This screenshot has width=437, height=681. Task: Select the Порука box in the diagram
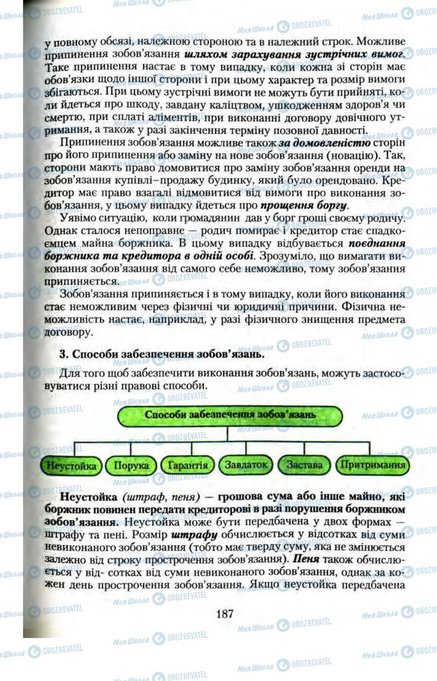coord(130,466)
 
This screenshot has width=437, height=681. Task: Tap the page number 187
coord(224,613)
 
